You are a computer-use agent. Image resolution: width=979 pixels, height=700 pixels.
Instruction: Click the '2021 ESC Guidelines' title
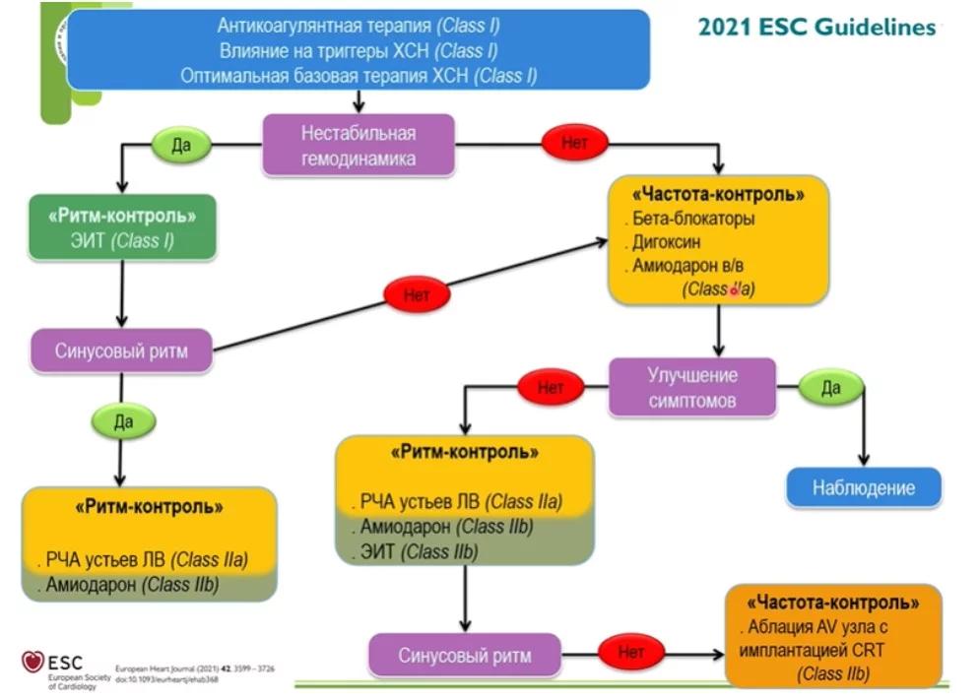tap(816, 27)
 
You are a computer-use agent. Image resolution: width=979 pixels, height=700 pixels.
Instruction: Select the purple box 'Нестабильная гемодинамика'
tap(358, 146)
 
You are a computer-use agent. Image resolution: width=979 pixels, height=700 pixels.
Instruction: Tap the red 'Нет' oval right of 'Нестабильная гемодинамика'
tap(574, 143)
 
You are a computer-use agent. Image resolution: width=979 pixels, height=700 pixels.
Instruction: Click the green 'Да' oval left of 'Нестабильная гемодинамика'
tap(181, 145)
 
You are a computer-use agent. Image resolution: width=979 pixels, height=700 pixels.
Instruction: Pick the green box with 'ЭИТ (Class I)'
tap(123, 227)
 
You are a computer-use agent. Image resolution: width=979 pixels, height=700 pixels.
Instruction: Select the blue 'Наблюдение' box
tap(863, 487)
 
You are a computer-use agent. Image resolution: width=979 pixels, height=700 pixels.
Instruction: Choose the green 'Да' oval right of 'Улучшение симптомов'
tap(830, 388)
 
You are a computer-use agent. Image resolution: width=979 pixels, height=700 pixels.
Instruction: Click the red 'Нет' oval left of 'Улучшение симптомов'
tap(551, 388)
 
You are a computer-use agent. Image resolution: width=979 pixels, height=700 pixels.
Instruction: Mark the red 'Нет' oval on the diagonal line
tap(417, 294)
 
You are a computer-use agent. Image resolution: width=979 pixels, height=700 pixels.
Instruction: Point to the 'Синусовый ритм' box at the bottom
tap(465, 655)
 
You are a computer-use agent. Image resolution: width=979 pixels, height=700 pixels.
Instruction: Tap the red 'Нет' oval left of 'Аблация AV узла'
tap(631, 651)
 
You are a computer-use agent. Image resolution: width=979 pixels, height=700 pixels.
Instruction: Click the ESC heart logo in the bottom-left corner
tap(33, 663)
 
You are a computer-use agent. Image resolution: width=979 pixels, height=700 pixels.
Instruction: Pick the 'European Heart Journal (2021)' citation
tap(194, 668)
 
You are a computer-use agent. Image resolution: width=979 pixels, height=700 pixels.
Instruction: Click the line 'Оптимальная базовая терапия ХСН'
tap(359, 76)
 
